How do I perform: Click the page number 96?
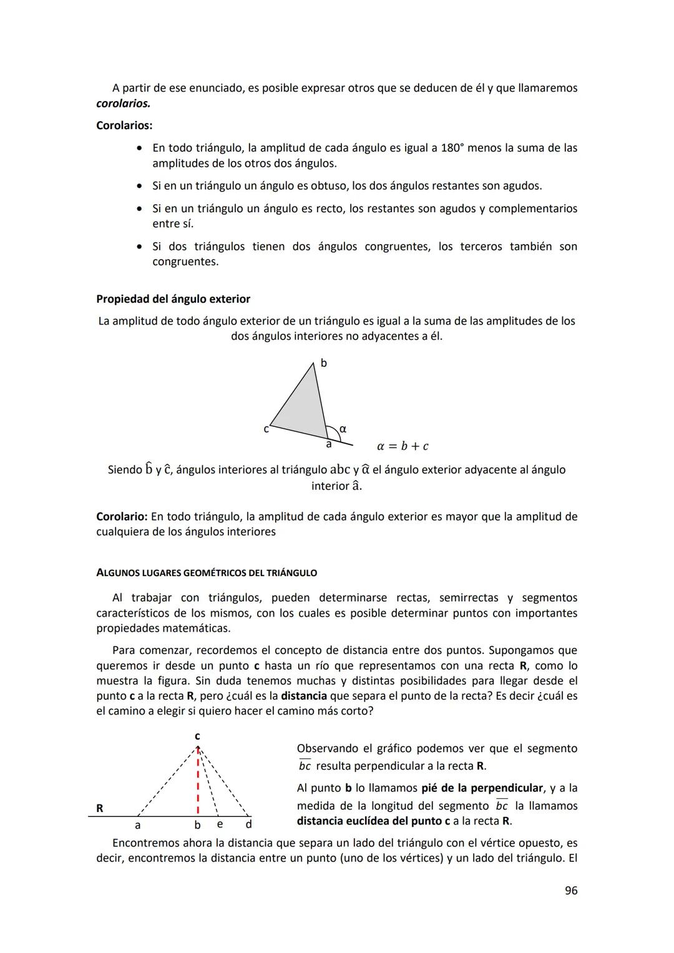coord(570,891)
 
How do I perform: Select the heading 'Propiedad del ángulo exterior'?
coord(173,299)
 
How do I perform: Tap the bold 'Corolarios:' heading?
coord(124,125)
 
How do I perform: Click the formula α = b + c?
coord(403,446)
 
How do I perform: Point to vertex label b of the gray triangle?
coord(323,363)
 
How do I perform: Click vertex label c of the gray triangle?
coord(266,429)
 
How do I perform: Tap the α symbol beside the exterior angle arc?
coord(343,429)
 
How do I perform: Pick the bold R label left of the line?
coord(100,808)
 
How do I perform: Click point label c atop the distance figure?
coord(197,736)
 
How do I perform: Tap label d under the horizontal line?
coord(248,824)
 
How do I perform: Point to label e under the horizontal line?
coord(220,824)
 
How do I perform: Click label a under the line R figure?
coord(138,825)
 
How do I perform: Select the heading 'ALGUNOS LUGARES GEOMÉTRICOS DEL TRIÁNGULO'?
coord(207,573)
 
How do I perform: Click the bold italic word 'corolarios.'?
coord(123,103)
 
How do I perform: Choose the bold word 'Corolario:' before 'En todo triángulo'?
coord(122,517)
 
